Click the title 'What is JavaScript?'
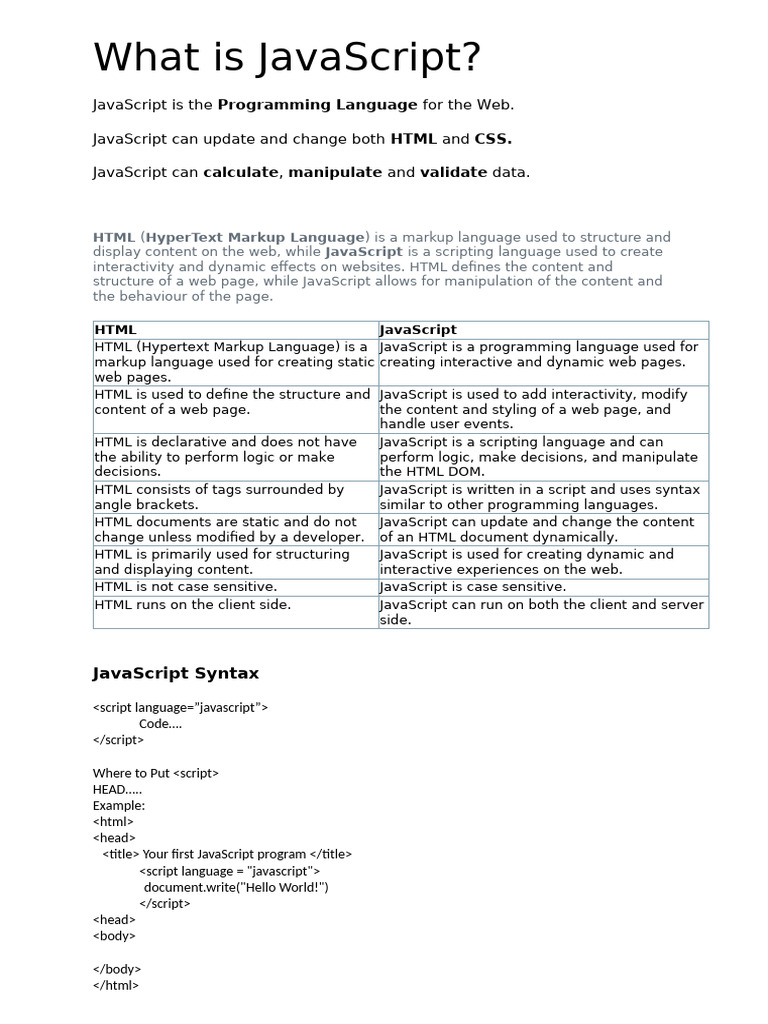point(287,58)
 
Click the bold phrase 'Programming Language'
point(317,105)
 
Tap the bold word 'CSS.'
point(493,139)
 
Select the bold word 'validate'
point(453,172)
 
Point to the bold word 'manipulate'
point(335,172)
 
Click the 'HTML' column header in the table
point(115,329)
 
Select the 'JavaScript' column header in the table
point(418,329)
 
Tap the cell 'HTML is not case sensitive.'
point(186,587)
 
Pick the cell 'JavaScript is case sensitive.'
point(473,587)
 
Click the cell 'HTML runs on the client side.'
point(193,605)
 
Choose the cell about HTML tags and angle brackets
point(219,497)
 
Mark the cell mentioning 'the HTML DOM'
point(538,457)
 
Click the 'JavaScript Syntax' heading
point(175,673)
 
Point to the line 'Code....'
point(160,724)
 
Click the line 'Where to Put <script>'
point(155,773)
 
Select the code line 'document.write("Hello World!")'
point(236,887)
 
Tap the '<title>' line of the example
point(227,854)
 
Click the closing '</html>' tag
point(115,985)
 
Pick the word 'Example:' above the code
point(119,805)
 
